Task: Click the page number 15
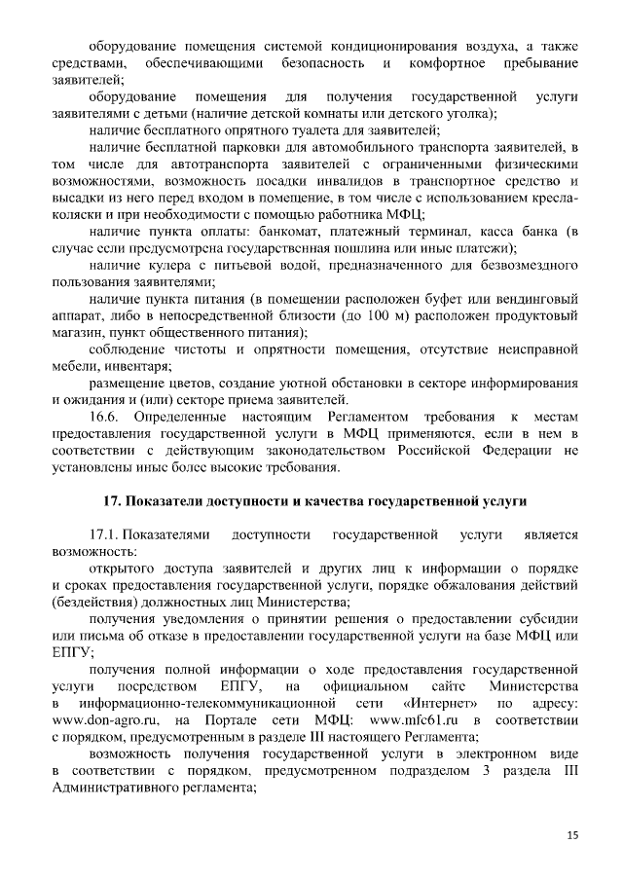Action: point(571,835)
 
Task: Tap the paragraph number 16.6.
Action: point(103,416)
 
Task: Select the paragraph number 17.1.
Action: point(106,534)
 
